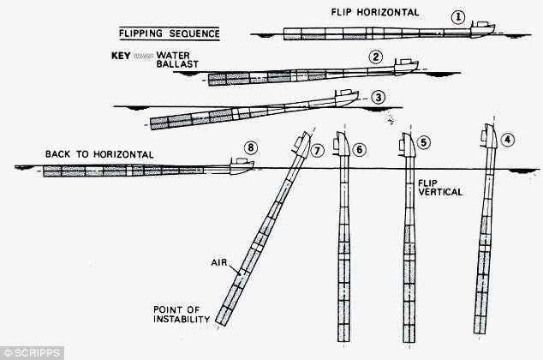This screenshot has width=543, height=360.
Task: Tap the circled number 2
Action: point(375,57)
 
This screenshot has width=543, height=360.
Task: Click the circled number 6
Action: point(360,148)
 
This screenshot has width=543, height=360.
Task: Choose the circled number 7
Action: point(318,150)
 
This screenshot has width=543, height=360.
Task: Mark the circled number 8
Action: point(251,148)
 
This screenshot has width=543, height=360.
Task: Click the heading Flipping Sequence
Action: point(159,36)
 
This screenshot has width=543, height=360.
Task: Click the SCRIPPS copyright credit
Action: point(30,351)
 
